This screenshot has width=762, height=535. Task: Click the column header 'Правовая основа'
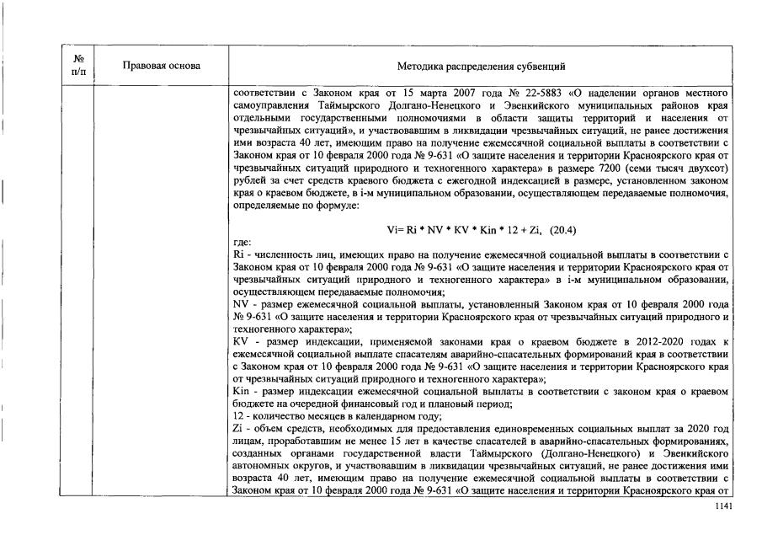pyautogui.click(x=161, y=66)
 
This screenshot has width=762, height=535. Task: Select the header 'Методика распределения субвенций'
pyautogui.click(x=481, y=66)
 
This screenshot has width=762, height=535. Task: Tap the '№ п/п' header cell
pyautogui.click(x=77, y=66)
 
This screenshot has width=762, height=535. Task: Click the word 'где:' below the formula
pyautogui.click(x=242, y=241)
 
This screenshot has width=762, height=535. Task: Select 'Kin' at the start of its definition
pyautogui.click(x=241, y=389)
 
